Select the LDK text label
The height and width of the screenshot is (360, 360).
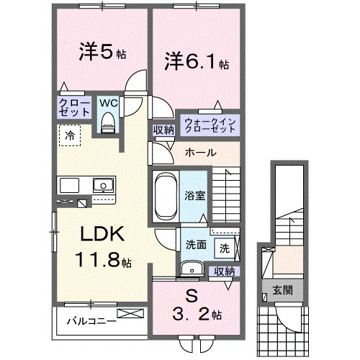[103, 235]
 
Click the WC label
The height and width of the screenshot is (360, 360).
[107, 103]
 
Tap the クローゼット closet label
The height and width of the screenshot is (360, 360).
[74, 108]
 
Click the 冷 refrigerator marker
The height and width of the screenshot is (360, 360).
[70, 134]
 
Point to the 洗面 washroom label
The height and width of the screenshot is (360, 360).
[196, 245]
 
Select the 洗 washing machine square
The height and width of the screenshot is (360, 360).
[225, 248]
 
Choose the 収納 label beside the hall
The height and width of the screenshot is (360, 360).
[163, 130]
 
